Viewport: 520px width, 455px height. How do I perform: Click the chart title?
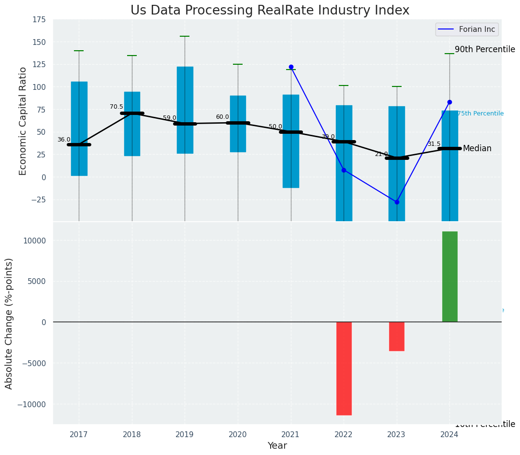[270, 11]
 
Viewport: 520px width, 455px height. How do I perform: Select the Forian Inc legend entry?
[466, 29]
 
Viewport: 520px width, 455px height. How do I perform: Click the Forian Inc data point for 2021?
[291, 67]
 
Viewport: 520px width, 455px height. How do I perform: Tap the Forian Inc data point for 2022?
[344, 170]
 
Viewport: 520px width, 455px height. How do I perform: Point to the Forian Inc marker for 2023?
[397, 202]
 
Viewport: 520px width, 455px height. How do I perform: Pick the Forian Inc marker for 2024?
[449, 102]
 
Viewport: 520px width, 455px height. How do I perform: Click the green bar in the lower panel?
[449, 276]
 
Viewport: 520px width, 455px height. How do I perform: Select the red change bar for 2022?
[344, 368]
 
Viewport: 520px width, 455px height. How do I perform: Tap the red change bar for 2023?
[397, 336]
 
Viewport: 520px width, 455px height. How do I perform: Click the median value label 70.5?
[116, 107]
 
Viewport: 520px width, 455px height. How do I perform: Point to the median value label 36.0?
[64, 140]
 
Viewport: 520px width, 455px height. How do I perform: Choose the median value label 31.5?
[434, 144]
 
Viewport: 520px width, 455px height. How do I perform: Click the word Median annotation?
[477, 148]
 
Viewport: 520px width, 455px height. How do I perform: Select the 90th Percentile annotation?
[485, 49]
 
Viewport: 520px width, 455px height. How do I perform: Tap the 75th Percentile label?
[480, 114]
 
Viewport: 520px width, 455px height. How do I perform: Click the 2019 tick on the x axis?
[185, 434]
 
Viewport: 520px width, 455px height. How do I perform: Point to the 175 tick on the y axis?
[39, 19]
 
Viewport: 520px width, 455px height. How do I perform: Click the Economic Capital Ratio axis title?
[23, 121]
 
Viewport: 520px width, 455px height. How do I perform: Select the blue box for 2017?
[79, 128]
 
